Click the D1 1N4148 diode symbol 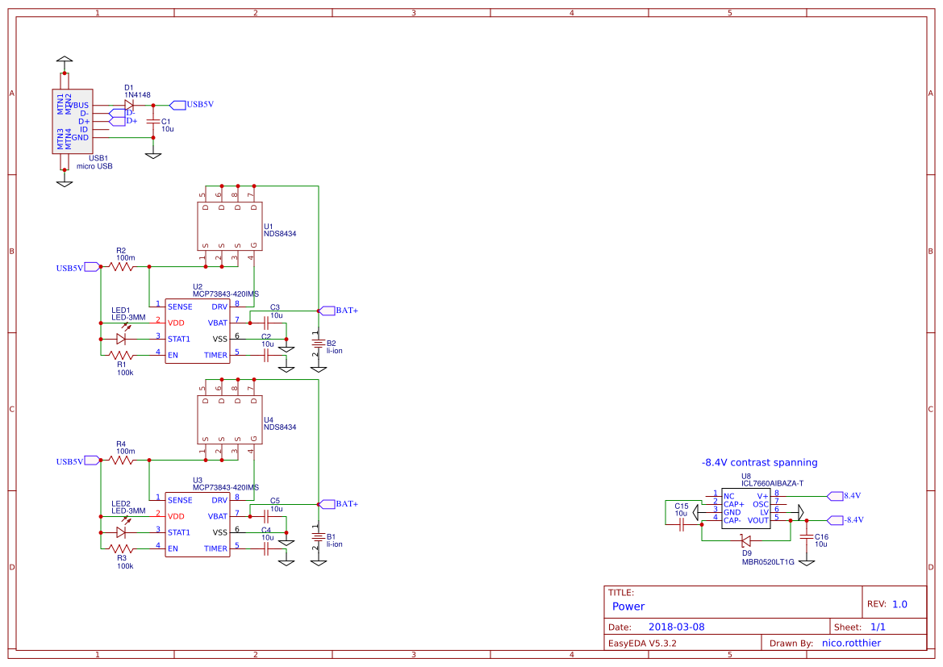tap(129, 105)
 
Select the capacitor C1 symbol tap(153, 122)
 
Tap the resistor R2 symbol tap(123, 266)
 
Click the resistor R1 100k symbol tap(123, 355)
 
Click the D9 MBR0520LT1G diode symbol tap(746, 540)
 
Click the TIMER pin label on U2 tap(215, 355)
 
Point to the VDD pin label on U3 tap(176, 516)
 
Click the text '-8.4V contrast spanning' tap(759, 463)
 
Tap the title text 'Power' tap(628, 607)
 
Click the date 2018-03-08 tap(677, 627)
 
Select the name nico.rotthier tap(851, 644)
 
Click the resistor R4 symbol tap(123, 460)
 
